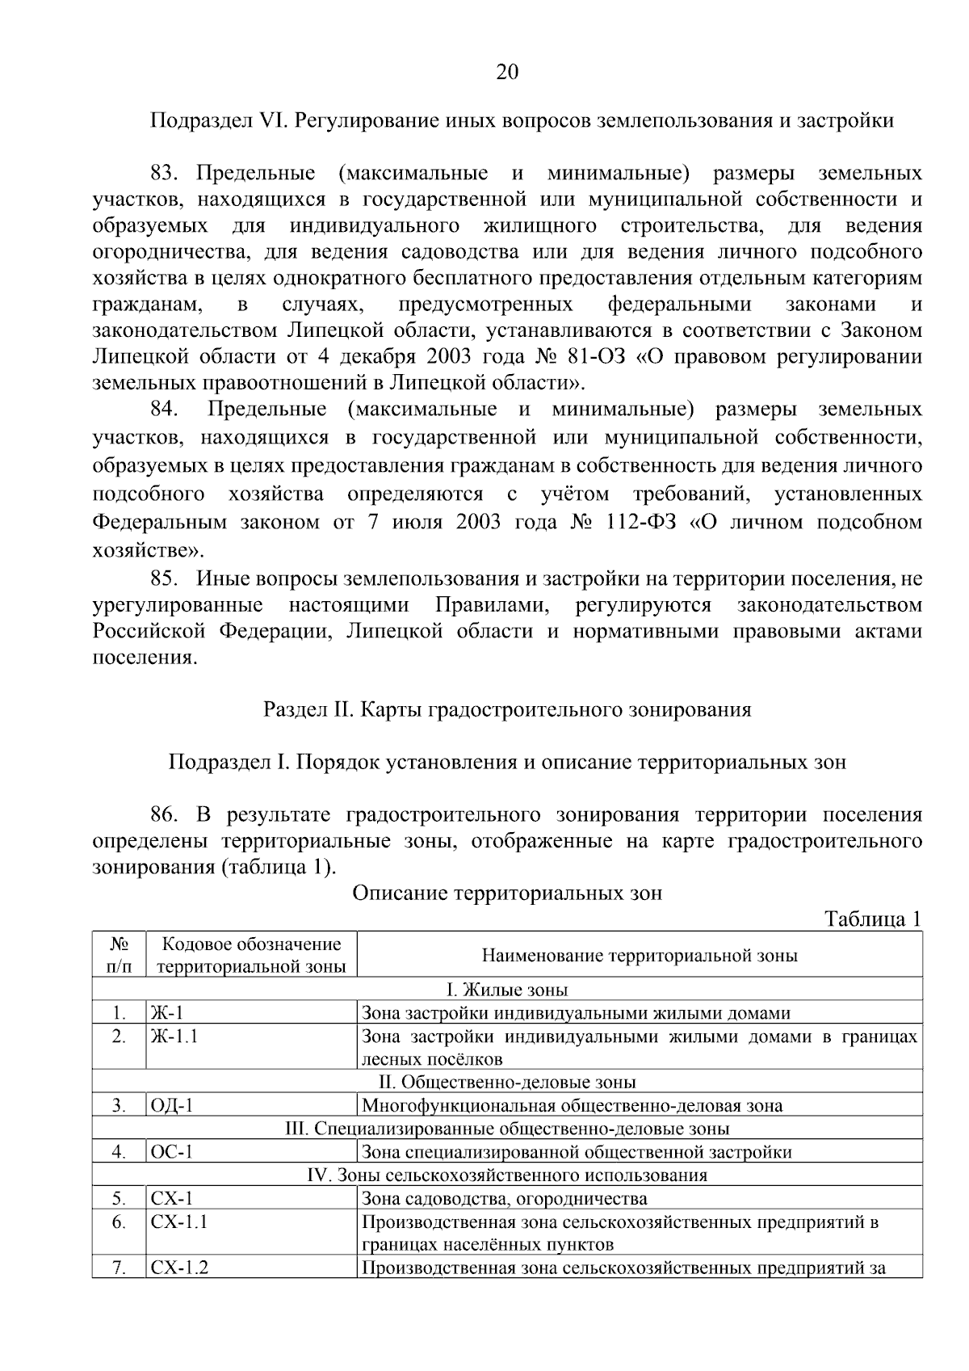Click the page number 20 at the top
[506, 73]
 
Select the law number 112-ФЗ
[643, 523]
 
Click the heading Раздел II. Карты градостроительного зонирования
[506, 709]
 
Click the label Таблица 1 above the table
[871, 919]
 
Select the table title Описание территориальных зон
[506, 893]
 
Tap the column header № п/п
[119, 955]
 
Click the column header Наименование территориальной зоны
[639, 956]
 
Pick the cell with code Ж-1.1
[174, 1037]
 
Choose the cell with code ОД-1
[171, 1106]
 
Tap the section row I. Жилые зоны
[506, 990]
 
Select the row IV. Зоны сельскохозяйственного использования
[506, 1175]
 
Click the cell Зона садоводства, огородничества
[504, 1199]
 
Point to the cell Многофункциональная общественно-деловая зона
[572, 1106]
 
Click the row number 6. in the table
[119, 1222]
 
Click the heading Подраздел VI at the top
[522, 121]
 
